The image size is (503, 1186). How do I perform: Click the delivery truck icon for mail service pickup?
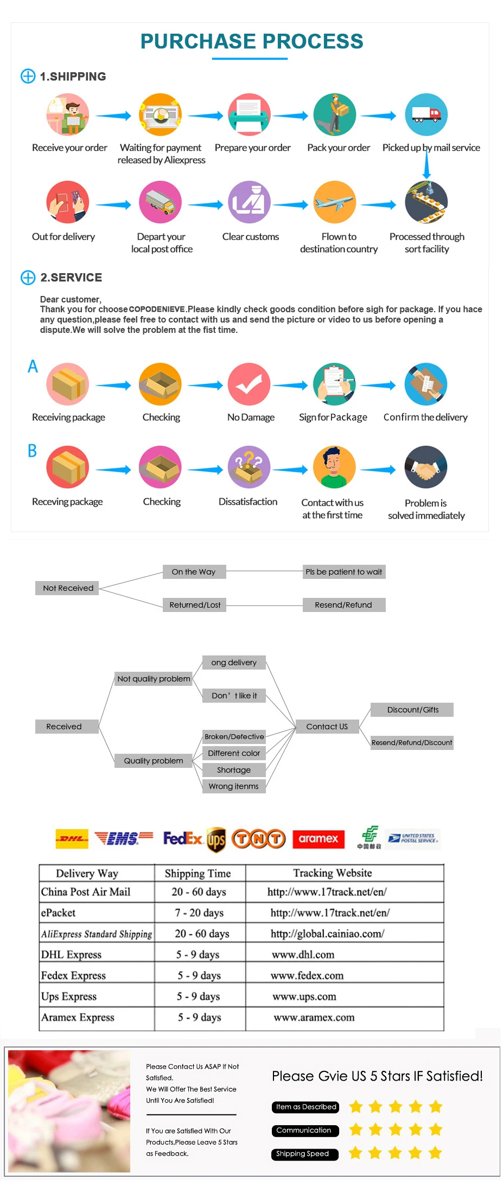click(426, 115)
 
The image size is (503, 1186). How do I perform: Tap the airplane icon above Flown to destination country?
click(335, 202)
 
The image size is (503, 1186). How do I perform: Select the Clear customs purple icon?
click(249, 202)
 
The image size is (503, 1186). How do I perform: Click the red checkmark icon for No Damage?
click(249, 384)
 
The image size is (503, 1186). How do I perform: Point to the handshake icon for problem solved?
click(426, 467)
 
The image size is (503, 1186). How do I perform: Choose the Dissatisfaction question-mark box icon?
click(249, 467)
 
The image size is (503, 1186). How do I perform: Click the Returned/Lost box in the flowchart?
click(195, 605)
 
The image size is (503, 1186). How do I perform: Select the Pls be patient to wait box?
click(344, 572)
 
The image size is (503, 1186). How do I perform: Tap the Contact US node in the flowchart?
click(327, 727)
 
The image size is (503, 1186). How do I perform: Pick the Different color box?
click(234, 753)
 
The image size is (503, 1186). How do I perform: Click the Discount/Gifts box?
click(412, 710)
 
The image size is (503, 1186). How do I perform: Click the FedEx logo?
click(183, 839)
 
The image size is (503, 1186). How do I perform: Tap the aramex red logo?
click(319, 839)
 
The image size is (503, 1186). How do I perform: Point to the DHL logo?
click(72, 839)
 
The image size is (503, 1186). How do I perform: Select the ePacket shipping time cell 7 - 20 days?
click(199, 913)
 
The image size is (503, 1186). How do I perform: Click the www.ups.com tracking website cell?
click(304, 996)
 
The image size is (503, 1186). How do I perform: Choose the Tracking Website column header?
click(333, 873)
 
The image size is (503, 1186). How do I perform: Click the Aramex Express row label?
click(78, 1018)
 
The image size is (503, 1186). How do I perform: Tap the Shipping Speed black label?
click(305, 1154)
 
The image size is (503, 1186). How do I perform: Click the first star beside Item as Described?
click(356, 1107)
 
